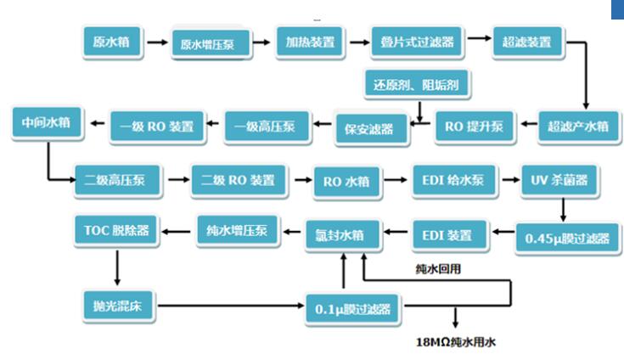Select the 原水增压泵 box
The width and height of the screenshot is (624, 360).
214,43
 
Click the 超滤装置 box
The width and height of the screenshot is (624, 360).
528,42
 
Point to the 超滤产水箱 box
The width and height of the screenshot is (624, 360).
577,127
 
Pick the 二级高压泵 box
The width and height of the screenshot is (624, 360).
115,180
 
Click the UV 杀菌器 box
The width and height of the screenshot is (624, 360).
559,180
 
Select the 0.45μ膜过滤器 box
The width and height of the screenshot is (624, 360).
566,239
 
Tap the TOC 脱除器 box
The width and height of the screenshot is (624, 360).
116,230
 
